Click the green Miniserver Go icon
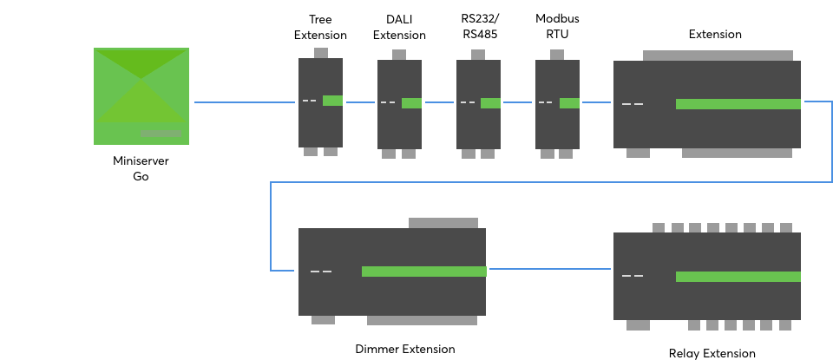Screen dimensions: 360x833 click(x=141, y=95)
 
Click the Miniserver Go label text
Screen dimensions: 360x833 click(x=141, y=168)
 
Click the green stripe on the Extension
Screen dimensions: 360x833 click(x=738, y=104)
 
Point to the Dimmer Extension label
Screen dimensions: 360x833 click(x=405, y=350)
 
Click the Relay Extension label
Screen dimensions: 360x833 click(x=712, y=353)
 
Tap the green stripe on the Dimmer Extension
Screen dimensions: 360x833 click(x=423, y=272)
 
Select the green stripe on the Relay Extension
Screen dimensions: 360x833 click(x=738, y=277)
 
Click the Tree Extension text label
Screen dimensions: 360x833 click(x=320, y=27)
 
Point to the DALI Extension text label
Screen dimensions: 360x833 click(x=399, y=27)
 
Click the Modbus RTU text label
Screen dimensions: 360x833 click(x=557, y=26)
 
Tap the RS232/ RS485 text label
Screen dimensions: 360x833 click(x=478, y=26)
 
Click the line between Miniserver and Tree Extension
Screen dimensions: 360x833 click(x=245, y=102)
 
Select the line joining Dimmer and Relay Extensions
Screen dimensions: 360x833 click(x=549, y=269)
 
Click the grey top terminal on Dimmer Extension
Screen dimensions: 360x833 click(x=443, y=223)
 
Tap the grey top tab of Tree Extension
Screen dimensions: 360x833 click(x=320, y=53)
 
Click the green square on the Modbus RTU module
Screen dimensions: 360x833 click(x=569, y=103)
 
